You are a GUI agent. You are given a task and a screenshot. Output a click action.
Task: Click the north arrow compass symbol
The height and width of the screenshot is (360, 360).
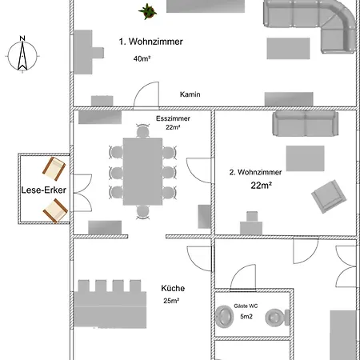pyautogui.click(x=22, y=54)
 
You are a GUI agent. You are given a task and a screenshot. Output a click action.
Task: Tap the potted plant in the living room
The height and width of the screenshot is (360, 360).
pyautogui.click(x=147, y=11)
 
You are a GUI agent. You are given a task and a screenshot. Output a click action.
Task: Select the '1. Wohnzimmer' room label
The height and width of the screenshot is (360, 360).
pyautogui.click(x=151, y=42)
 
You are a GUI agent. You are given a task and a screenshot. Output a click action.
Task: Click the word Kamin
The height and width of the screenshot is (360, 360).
pyautogui.click(x=190, y=94)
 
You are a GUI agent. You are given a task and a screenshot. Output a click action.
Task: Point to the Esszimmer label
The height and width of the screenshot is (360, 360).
pyautogui.click(x=173, y=118)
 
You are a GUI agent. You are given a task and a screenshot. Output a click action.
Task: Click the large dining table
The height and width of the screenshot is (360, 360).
pyautogui.click(x=142, y=171)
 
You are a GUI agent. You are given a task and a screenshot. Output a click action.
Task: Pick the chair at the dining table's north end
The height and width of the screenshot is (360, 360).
pyautogui.click(x=142, y=131)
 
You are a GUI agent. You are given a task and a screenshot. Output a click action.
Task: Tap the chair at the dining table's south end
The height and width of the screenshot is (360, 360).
pyautogui.click(x=142, y=212)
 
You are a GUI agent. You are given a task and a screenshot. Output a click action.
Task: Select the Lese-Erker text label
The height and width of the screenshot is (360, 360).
pyautogui.click(x=44, y=190)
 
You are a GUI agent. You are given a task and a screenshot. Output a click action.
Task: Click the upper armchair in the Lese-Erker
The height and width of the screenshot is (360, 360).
pyautogui.click(x=54, y=169)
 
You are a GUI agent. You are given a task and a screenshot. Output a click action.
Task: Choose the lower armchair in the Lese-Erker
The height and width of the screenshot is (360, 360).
pyautogui.click(x=55, y=210)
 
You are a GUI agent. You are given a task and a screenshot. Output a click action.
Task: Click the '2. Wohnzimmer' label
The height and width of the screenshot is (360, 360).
pyautogui.click(x=255, y=172)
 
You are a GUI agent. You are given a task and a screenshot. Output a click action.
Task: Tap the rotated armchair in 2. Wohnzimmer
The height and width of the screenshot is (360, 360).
pyautogui.click(x=329, y=197)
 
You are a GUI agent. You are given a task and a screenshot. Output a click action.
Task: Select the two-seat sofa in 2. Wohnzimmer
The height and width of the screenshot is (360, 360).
pyautogui.click(x=306, y=124)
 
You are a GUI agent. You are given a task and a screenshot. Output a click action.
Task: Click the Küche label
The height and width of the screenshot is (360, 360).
pyautogui.click(x=173, y=288)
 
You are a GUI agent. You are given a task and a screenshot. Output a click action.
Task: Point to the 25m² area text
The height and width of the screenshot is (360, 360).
pyautogui.click(x=171, y=301)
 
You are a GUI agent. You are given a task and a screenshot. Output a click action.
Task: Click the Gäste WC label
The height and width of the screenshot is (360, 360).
pyautogui.click(x=246, y=306)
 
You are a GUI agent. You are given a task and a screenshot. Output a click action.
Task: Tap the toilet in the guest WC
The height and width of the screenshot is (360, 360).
pyautogui.click(x=278, y=318)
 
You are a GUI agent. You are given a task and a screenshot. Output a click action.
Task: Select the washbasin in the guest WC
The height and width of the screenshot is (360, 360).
pyautogui.click(x=225, y=317)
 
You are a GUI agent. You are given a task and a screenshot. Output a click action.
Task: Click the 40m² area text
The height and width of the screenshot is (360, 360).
pyautogui.click(x=142, y=58)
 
